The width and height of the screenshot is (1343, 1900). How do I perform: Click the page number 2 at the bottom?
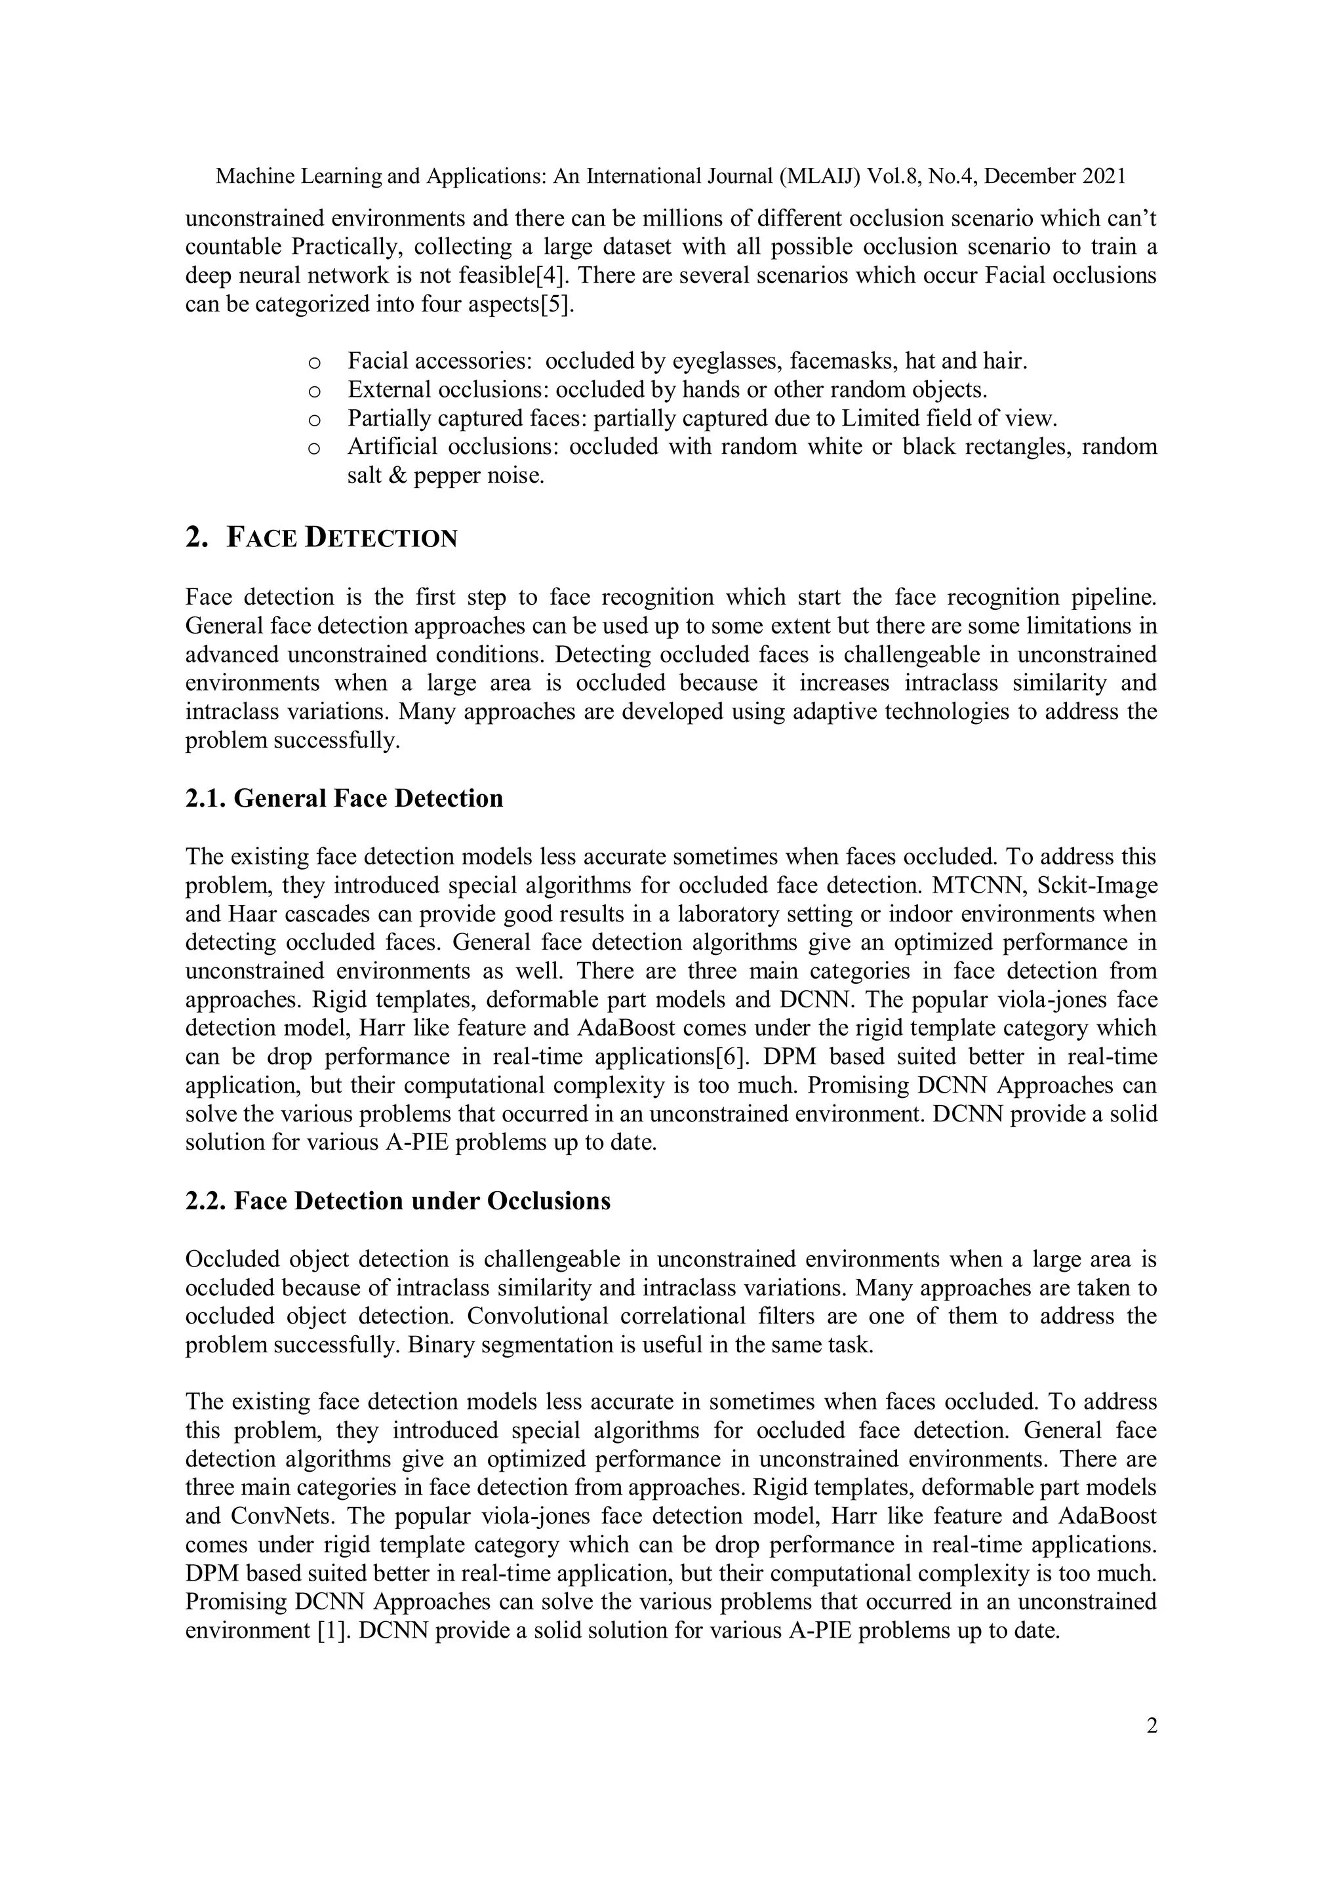point(1151,1726)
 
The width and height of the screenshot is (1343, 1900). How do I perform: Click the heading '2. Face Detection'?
point(321,538)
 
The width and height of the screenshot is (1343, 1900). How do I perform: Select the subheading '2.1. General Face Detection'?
point(344,799)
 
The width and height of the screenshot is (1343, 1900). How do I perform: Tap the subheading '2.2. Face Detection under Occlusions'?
point(398,1201)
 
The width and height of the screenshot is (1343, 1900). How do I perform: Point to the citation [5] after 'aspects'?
point(556,304)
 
